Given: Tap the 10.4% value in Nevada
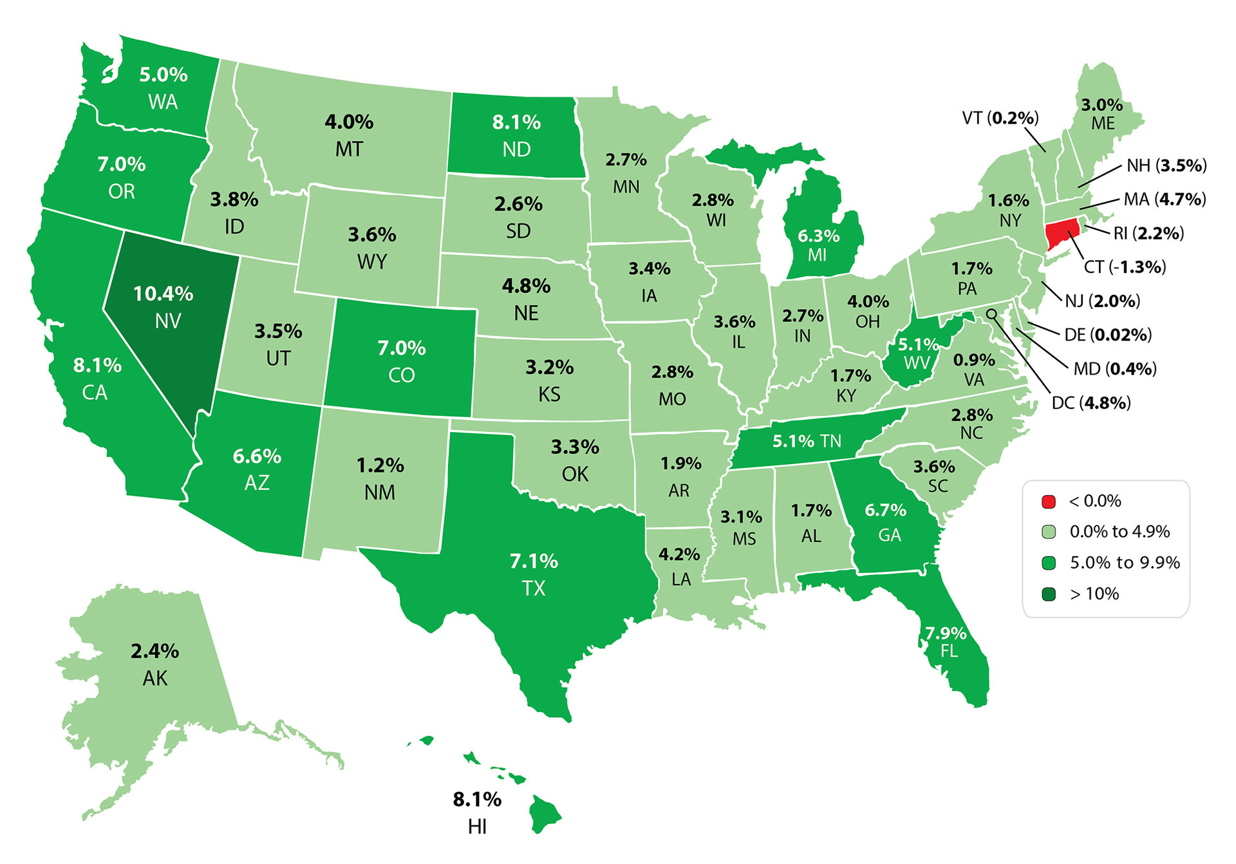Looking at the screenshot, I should coord(163,294).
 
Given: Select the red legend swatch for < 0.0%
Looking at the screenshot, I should coord(1049,501).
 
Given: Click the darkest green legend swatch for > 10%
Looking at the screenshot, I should coord(1049,594).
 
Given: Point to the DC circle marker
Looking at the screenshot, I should coord(992,314).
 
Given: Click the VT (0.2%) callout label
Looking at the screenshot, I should coord(1000,118).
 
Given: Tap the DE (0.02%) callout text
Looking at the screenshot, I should coord(1107,335).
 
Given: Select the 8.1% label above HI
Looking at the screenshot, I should coord(477,800).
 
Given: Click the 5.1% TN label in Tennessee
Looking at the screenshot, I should coord(807,441).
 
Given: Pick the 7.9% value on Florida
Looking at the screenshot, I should coord(946,634).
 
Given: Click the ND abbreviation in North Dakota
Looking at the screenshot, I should coord(516,149).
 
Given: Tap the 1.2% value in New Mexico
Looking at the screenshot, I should coord(380,465).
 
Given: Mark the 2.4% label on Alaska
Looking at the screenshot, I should coord(155,652).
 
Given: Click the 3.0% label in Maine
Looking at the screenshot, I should coord(1101,105).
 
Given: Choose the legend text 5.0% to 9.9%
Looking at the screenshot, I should coord(1125,563).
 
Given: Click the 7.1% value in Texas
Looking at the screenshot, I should coord(534,561).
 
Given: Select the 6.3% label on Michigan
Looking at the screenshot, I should coord(818,236).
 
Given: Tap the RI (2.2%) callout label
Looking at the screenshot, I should coord(1148,233).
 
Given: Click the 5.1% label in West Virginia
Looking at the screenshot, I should coord(918,345).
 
